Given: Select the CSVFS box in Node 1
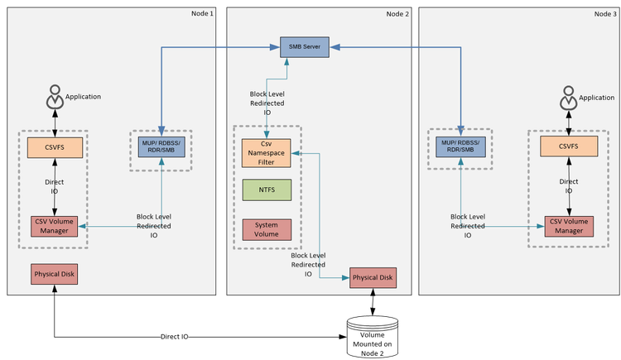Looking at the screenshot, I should pos(54,148).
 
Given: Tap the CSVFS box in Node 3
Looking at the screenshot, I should pos(568,148).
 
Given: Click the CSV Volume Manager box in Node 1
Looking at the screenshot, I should pos(54,226).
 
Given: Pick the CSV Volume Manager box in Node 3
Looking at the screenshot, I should pos(568,226).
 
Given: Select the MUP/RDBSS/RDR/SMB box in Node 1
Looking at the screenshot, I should pos(162,146).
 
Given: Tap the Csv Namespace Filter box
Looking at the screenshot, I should pos(267,152).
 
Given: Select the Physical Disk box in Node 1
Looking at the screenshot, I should pos(54,274).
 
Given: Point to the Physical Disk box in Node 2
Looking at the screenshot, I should pos(373,278).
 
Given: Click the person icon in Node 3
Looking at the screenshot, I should pos(568,99).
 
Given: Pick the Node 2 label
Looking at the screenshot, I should pos(397,12).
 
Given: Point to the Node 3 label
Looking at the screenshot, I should pos(605,12).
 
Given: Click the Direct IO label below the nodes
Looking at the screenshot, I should pos(174,337).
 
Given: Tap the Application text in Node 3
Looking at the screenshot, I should pos(596,98).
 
